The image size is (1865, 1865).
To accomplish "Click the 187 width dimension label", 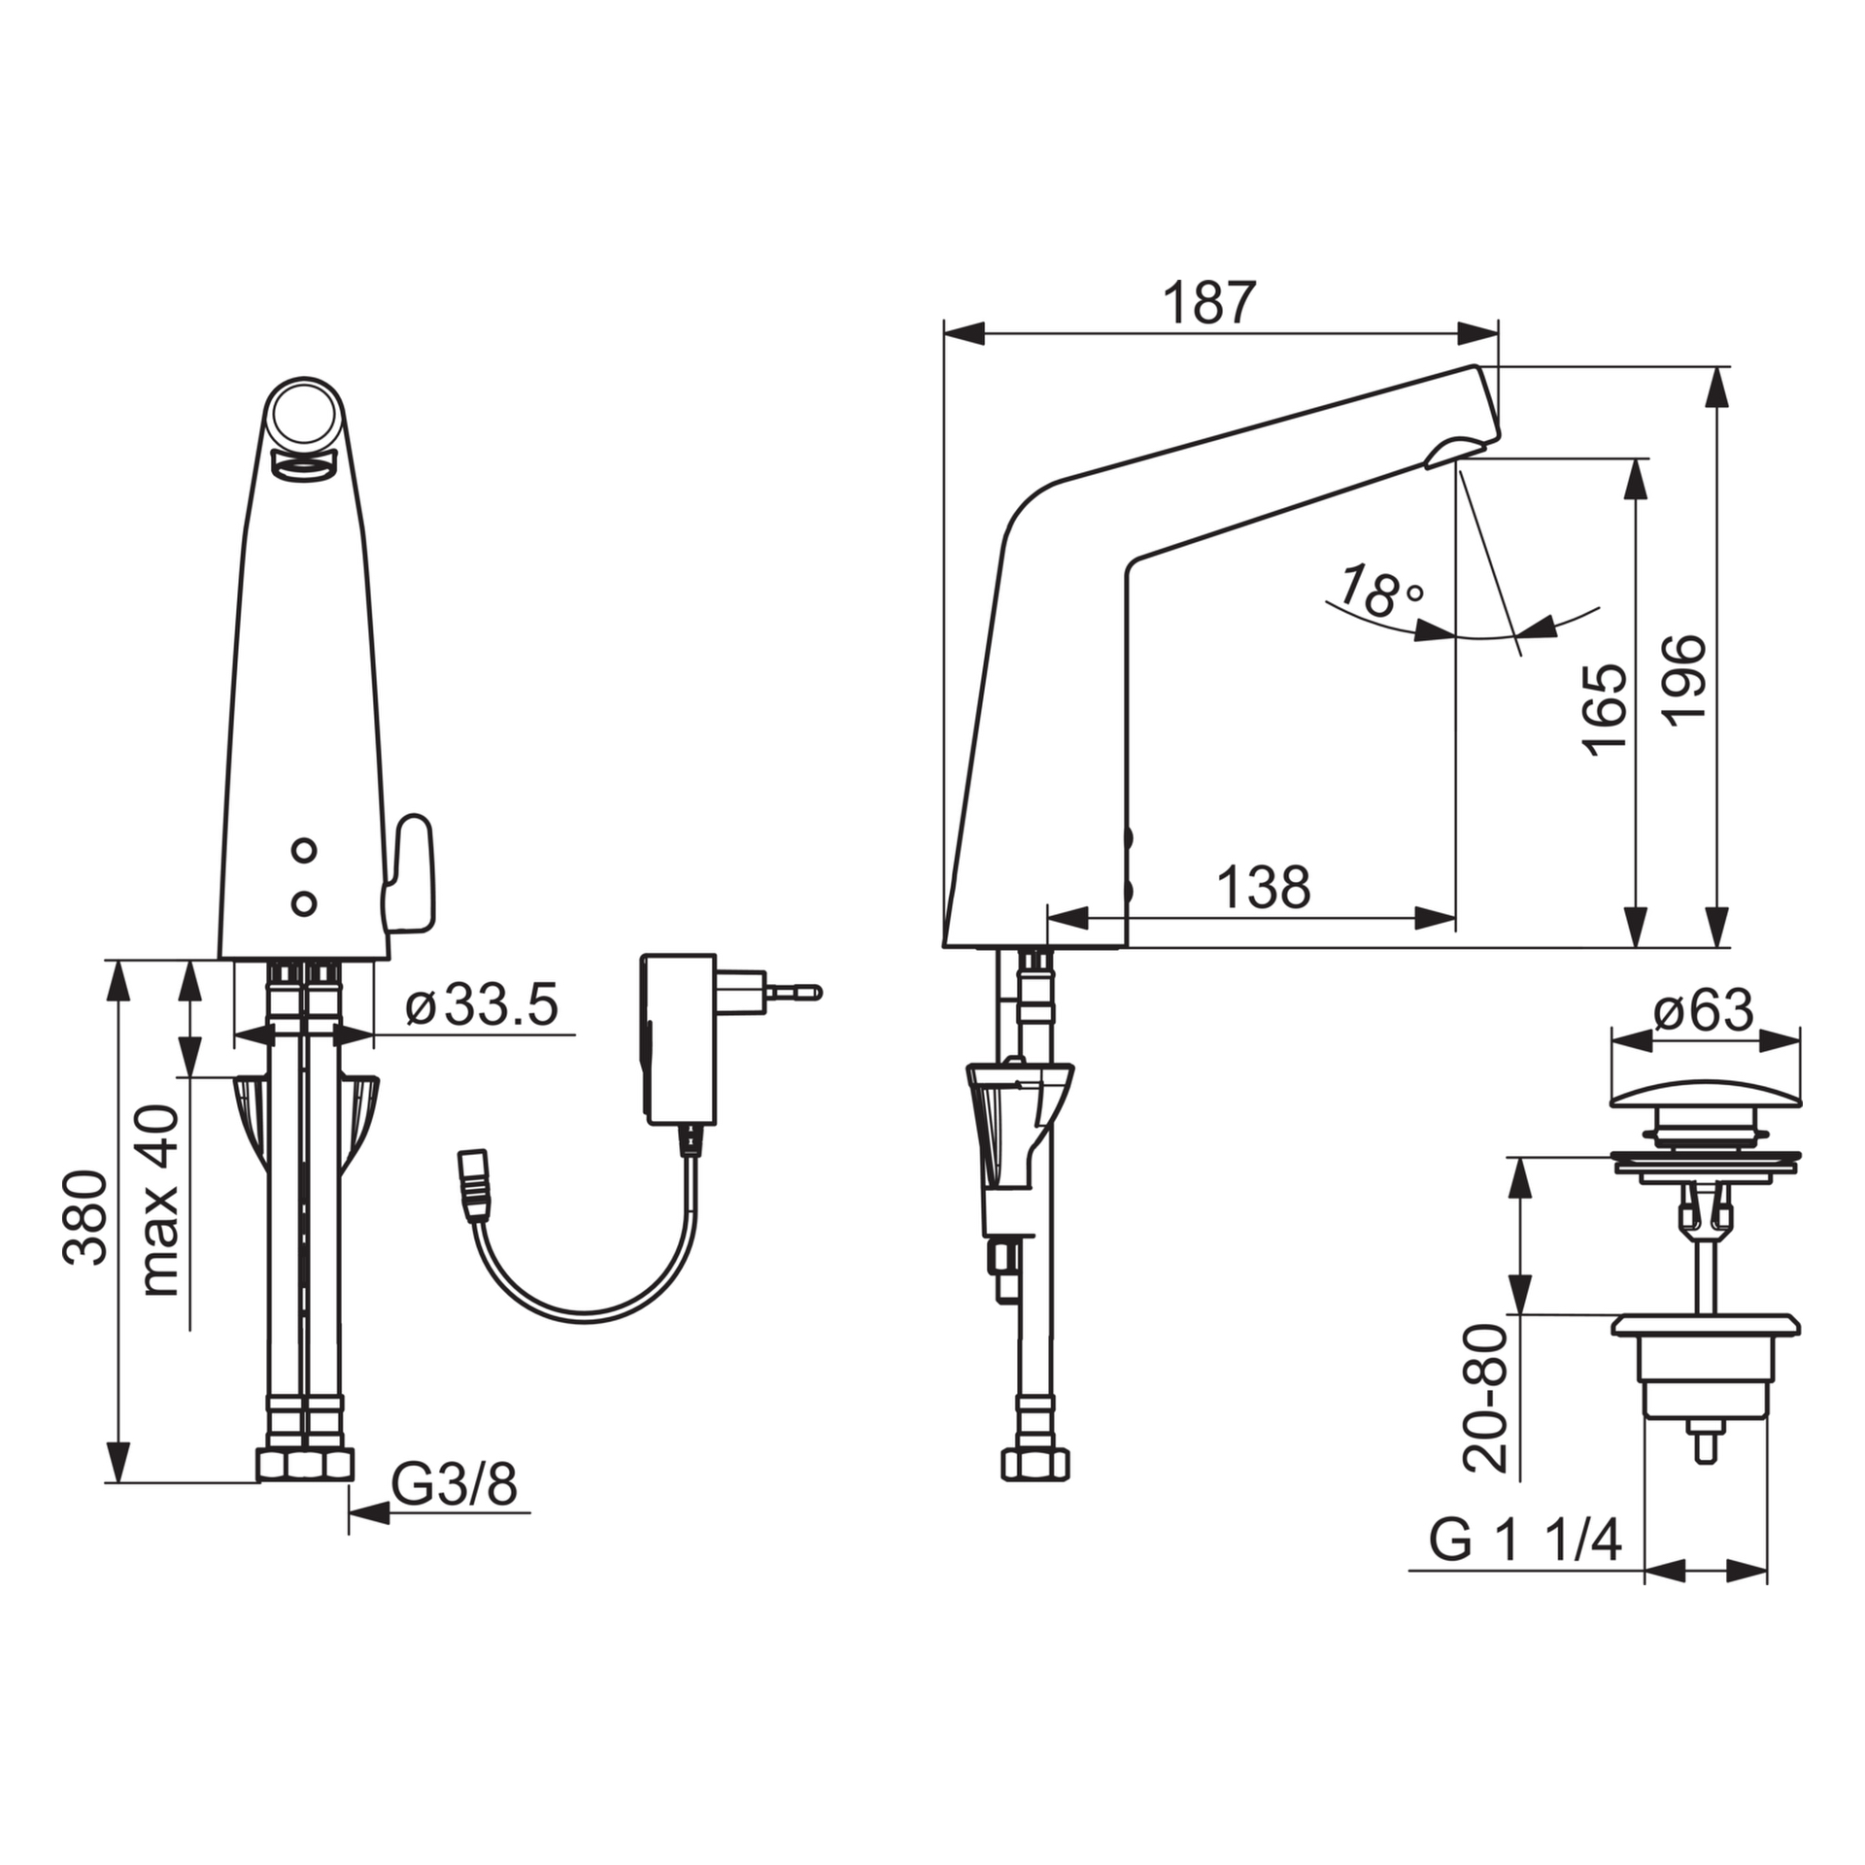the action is [1209, 303].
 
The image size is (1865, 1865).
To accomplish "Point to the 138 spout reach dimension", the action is [1264, 887].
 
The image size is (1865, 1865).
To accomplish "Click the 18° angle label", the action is [1379, 592].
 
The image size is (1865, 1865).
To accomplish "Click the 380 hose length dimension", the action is [85, 1218].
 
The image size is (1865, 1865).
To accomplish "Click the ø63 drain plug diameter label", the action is [1704, 1011].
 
